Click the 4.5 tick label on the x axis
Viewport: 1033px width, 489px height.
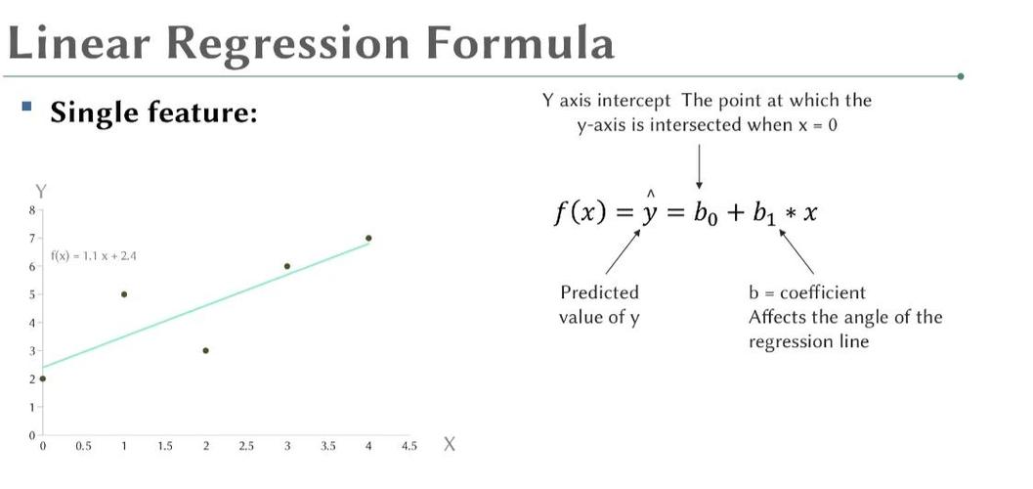coord(409,446)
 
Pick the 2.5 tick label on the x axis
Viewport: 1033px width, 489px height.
coord(246,446)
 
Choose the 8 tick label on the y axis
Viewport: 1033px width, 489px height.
coord(30,210)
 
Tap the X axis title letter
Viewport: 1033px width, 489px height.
coord(450,444)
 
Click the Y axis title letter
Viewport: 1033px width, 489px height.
coord(41,192)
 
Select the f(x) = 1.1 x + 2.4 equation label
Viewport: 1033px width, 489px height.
coord(94,256)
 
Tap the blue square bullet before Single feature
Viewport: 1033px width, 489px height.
coord(26,106)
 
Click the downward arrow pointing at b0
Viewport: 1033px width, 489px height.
coord(699,166)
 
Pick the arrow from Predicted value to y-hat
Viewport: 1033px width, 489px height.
coord(623,251)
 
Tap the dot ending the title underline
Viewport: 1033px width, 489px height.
coord(961,76)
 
